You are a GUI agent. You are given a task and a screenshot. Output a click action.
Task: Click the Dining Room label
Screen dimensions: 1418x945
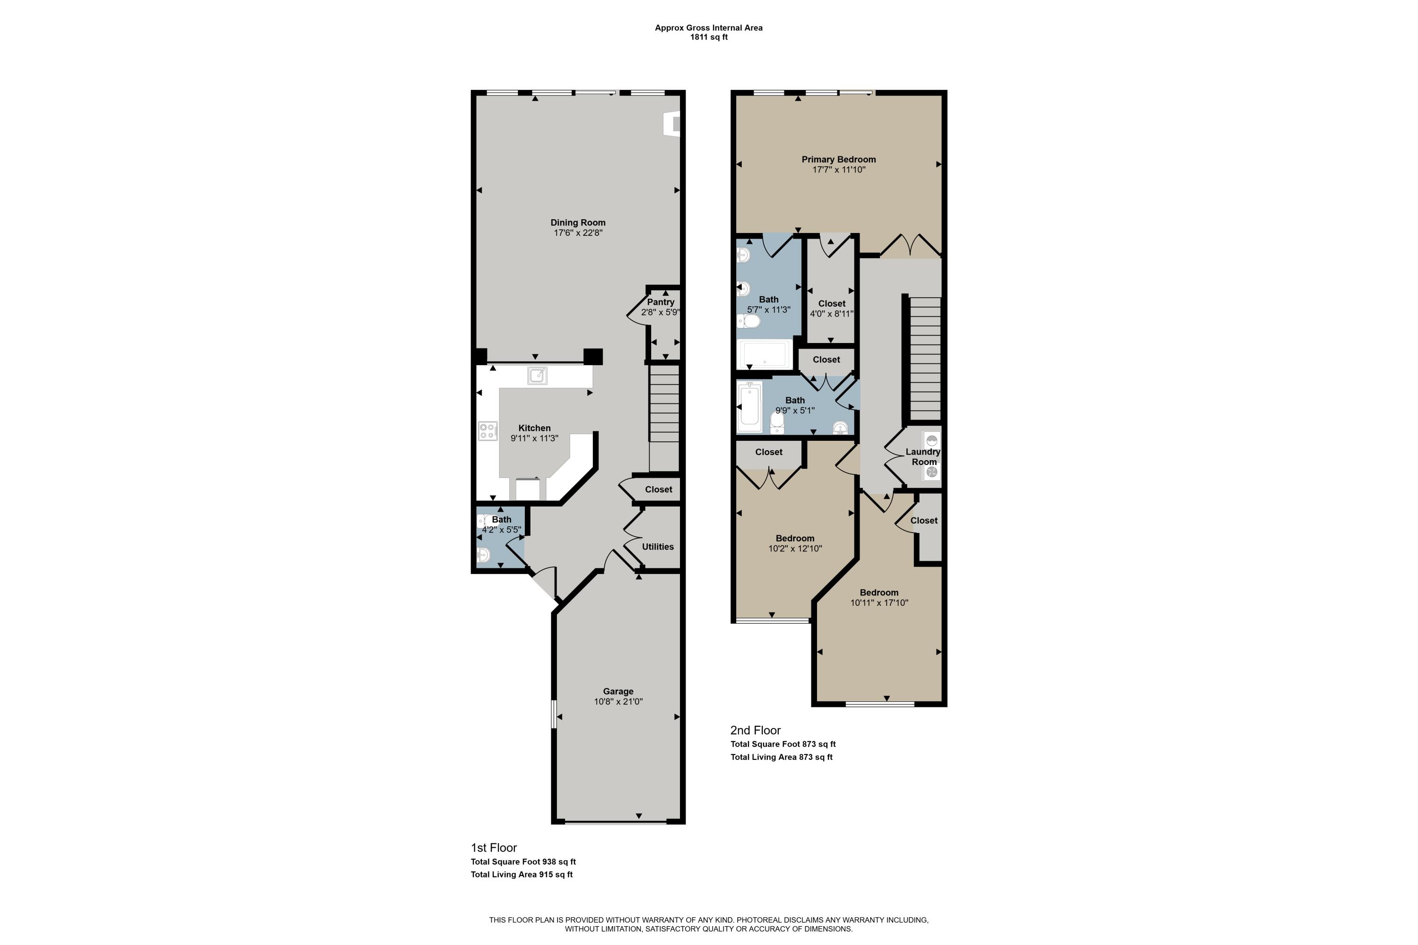pos(578,223)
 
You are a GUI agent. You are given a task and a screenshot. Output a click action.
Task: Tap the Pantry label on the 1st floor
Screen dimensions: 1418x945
pos(661,302)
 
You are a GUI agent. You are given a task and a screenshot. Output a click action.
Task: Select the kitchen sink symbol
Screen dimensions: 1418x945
pos(537,376)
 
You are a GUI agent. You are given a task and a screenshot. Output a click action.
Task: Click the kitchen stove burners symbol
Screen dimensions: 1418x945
pos(488,431)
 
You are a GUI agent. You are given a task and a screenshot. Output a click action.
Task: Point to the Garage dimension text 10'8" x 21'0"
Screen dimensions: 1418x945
pos(618,702)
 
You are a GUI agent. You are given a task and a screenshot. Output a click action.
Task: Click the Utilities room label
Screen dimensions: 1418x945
pos(657,547)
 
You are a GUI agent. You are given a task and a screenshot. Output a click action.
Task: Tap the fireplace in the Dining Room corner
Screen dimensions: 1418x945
pos(672,123)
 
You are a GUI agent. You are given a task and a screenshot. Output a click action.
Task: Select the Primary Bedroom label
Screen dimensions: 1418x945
pos(838,159)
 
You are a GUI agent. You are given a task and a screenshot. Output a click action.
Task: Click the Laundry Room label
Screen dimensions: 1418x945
pos(923,457)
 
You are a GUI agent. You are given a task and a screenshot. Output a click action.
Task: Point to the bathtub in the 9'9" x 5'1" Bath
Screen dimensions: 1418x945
pos(750,407)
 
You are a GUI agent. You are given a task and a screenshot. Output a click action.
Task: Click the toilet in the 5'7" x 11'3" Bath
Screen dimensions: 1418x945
pos(748,321)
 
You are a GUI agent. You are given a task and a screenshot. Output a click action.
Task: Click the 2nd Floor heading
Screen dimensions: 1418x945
pos(755,730)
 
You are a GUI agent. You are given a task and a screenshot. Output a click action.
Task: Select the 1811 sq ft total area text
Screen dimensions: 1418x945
pos(709,37)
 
